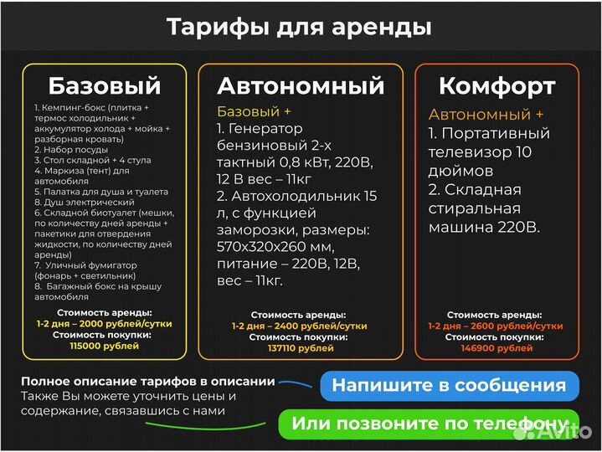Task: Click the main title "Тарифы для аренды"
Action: (x=300, y=27)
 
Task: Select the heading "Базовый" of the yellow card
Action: (x=104, y=85)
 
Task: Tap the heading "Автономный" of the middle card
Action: (x=301, y=85)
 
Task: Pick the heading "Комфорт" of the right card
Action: (x=497, y=85)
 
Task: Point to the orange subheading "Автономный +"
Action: (x=486, y=115)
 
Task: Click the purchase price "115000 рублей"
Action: (x=104, y=345)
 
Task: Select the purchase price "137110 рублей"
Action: (x=301, y=347)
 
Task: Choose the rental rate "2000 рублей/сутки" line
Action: (x=104, y=323)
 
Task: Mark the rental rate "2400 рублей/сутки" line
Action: (x=301, y=326)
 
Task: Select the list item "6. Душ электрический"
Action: (x=74, y=202)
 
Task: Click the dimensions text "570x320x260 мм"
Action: (x=275, y=247)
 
